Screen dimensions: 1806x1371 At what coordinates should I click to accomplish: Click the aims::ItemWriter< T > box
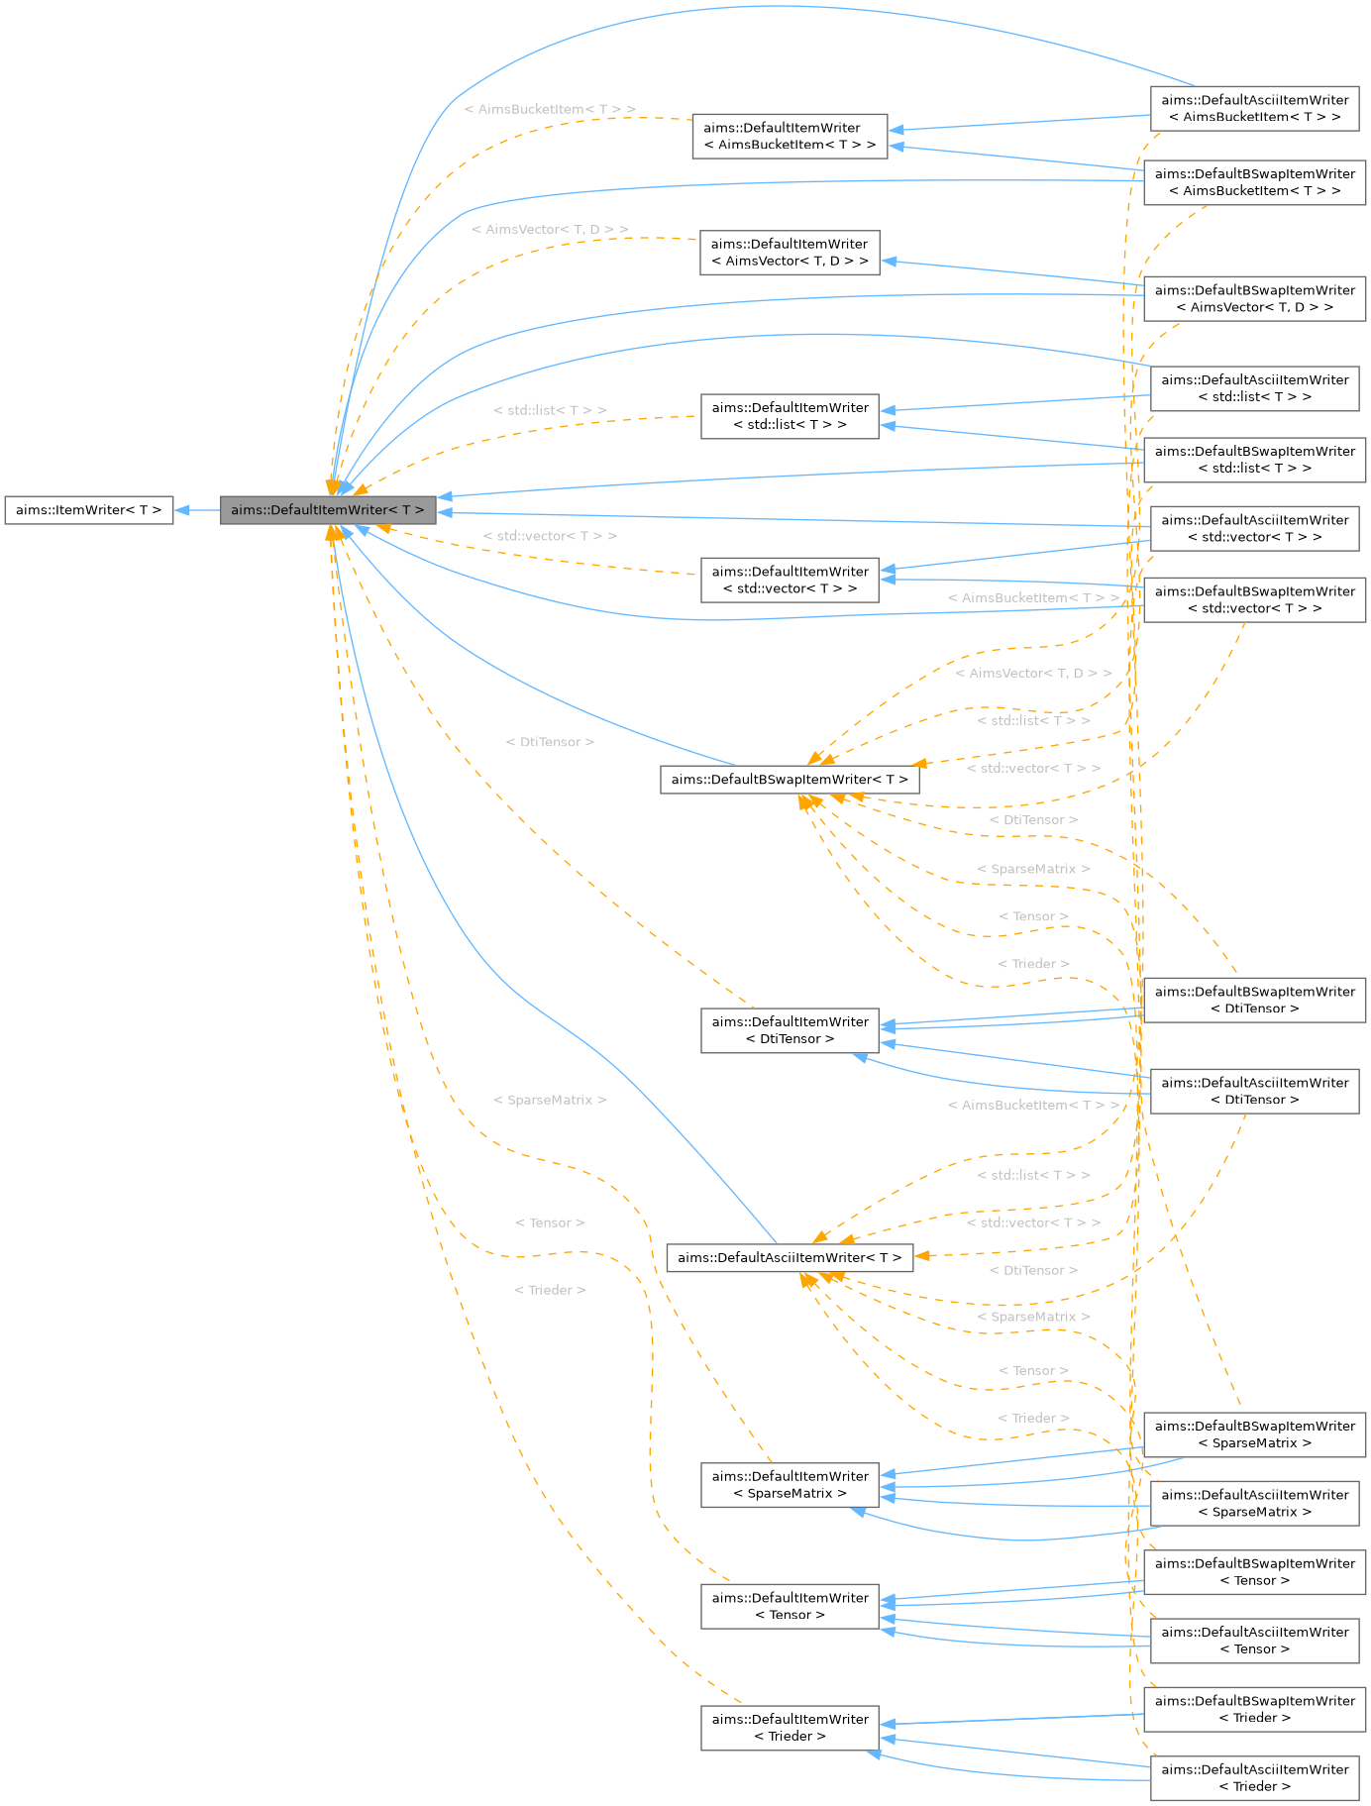pos(88,510)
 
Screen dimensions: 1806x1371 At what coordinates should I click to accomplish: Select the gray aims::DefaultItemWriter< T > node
pos(327,510)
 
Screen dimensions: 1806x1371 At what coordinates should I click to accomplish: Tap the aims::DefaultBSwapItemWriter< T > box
pos(790,780)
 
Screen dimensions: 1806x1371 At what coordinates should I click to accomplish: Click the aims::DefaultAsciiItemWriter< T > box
pos(790,1257)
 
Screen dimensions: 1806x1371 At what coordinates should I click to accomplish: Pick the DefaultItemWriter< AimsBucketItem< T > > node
pos(790,136)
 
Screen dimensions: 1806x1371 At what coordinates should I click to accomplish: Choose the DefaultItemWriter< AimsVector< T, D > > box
pos(790,253)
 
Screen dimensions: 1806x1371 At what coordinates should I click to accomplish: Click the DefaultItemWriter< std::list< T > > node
pos(790,416)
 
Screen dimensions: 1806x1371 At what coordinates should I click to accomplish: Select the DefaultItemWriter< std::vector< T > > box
pos(790,580)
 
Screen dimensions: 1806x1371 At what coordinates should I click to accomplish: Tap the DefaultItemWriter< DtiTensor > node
pos(790,1030)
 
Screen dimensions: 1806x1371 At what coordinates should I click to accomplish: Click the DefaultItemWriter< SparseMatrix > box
pos(790,1485)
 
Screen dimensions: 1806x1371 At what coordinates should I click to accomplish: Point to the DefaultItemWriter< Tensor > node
pos(790,1606)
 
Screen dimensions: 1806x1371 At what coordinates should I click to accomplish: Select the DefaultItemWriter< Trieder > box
pos(790,1728)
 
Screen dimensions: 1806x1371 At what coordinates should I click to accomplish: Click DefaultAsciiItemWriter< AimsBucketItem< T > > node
pos(1254,108)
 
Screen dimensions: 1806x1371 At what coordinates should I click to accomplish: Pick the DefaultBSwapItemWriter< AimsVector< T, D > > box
pos(1254,298)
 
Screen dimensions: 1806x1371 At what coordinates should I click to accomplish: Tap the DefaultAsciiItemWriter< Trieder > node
pos(1254,1777)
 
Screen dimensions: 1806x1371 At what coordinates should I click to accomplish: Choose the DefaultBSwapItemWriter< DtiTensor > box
pos(1254,1000)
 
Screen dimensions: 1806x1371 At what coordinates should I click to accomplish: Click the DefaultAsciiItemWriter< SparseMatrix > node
pos(1254,1503)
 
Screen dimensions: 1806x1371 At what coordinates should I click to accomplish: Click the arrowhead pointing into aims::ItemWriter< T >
pos(182,510)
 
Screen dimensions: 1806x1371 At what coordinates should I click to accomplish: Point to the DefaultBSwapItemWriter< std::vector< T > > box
pos(1254,599)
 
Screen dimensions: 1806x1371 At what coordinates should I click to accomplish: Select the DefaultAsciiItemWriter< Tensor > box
pos(1254,1641)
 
